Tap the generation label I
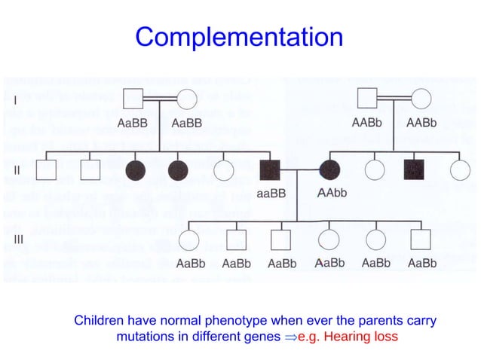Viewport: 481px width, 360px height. click(16, 99)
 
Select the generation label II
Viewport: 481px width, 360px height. click(17, 170)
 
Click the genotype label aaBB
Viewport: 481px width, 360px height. click(271, 194)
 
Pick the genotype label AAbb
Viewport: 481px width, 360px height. click(331, 194)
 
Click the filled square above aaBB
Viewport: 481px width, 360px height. click(271, 170)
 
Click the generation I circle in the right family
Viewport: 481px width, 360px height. click(420, 99)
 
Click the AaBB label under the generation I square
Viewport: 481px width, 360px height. click(133, 123)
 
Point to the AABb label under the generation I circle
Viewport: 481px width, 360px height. click(421, 123)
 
